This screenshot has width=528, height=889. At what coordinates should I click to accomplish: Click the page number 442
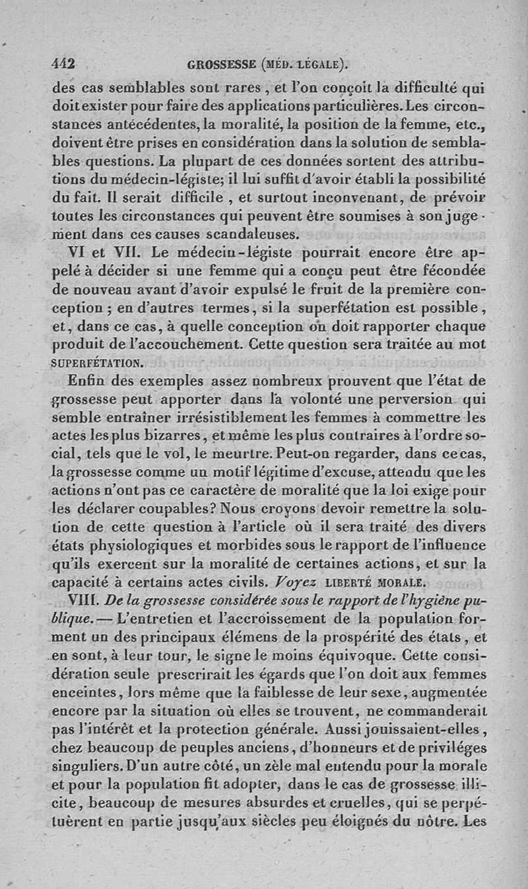(65, 64)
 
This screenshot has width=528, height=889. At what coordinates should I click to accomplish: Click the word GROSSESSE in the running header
(221, 65)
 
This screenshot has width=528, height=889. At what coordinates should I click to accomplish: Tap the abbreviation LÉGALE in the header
(320, 65)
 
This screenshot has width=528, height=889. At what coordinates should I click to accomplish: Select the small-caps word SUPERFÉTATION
(96, 362)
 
